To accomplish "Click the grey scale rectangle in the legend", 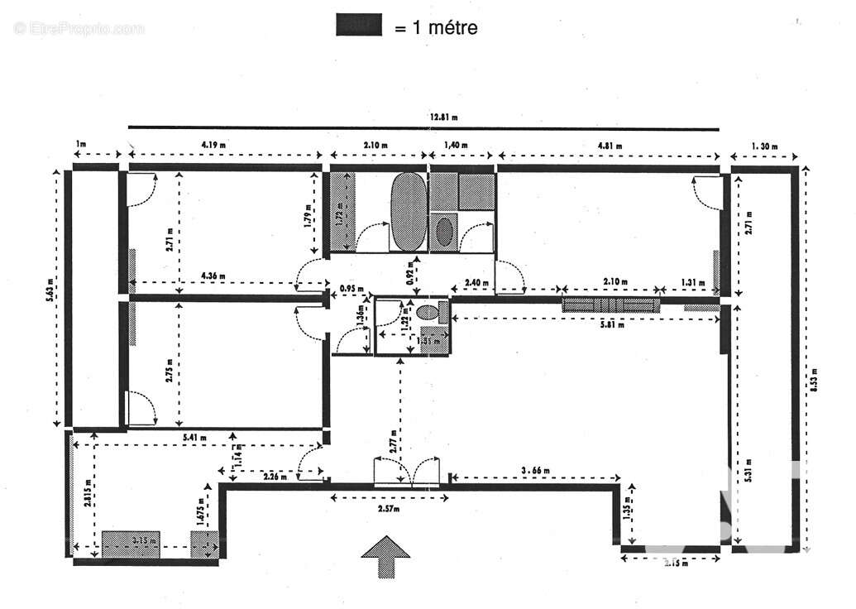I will (359, 26).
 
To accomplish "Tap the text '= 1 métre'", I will (436, 27).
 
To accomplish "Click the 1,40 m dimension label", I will (456, 145).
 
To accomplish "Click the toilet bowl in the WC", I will (428, 313).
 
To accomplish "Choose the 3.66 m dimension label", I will (534, 470).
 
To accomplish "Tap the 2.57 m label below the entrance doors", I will (389, 508).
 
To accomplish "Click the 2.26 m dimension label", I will (275, 476).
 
